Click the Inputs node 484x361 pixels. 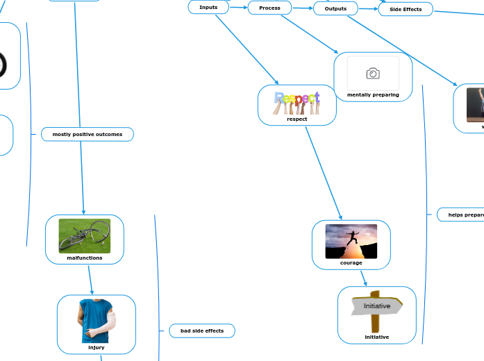[208, 7]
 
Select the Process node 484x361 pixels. [269, 8]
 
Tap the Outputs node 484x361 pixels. [335, 8]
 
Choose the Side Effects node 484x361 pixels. [406, 9]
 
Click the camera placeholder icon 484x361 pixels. [373, 74]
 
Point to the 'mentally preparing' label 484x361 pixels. [373, 94]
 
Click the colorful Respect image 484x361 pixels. [297, 102]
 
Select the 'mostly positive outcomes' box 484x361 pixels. [87, 134]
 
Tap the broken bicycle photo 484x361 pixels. [85, 236]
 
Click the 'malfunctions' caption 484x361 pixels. [85, 258]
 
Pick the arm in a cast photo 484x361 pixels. [96, 321]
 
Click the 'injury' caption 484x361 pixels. [96, 347]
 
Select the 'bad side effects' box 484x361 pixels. [202, 330]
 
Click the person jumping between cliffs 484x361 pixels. [351, 241]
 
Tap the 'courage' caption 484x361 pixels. [351, 262]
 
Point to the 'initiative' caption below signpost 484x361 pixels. [377, 337]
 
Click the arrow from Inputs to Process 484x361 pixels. [238, 8]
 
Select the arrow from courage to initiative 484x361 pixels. [363, 278]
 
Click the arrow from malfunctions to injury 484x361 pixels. [90, 279]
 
